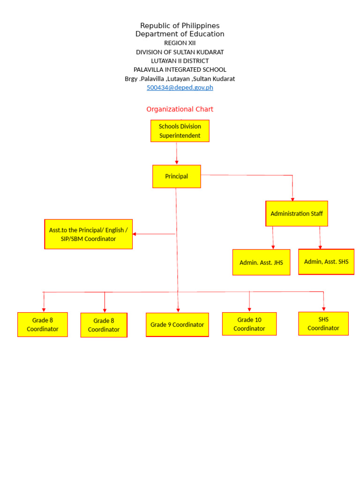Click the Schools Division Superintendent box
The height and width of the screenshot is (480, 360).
point(180,131)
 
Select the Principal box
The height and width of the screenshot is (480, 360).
point(176,176)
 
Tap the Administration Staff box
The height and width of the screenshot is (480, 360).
point(296,214)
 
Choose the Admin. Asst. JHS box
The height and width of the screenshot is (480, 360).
point(261,262)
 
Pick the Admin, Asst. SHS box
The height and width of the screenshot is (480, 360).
point(326,262)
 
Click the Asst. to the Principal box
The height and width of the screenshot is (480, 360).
point(88,234)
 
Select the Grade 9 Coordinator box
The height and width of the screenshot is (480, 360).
point(177,324)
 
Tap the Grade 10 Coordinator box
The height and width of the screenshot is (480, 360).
point(249,324)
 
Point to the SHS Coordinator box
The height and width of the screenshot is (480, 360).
point(323,323)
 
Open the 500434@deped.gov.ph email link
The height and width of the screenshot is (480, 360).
point(180,88)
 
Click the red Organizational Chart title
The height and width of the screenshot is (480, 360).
point(180,109)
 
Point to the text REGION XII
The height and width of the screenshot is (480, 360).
point(180,43)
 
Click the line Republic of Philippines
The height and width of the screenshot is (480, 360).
point(180,26)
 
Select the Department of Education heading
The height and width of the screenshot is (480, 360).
point(180,34)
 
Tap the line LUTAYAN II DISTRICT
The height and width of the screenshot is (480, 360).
point(180,61)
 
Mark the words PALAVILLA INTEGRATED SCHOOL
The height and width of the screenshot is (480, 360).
point(180,70)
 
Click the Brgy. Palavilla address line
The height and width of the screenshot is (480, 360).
point(180,79)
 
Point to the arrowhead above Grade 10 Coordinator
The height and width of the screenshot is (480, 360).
point(249,309)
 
